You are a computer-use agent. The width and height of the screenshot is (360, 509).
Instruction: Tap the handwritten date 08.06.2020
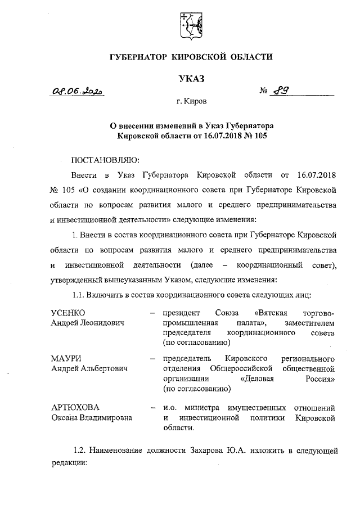point(79,91)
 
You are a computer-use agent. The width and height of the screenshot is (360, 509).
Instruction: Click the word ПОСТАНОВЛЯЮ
point(105,159)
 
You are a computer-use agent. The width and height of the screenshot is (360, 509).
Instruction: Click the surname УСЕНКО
point(67,312)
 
